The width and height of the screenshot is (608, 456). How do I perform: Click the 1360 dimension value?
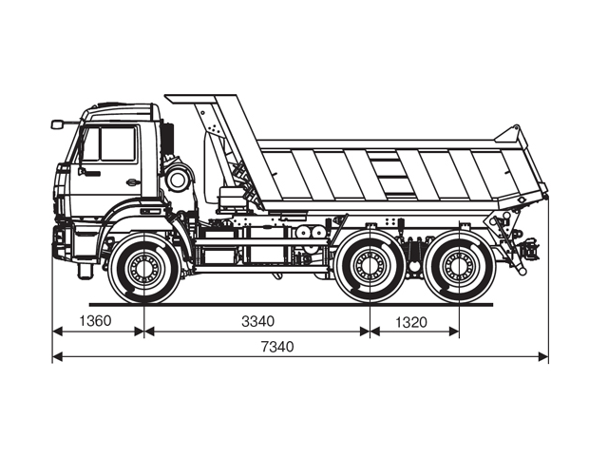coord(97,321)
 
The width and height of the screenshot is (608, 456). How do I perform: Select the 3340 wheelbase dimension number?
coord(257,321)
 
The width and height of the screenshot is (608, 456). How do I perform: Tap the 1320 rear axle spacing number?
coord(408,322)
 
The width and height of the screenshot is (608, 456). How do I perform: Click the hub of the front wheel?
coord(143,269)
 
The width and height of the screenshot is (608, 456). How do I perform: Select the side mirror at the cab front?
coord(58,123)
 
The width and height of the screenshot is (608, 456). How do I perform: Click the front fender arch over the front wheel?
coord(142,231)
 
